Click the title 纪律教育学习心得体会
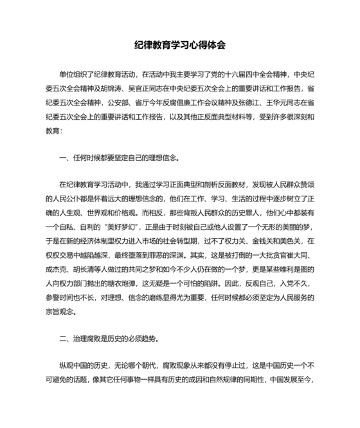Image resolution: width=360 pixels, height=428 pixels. (180, 46)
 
